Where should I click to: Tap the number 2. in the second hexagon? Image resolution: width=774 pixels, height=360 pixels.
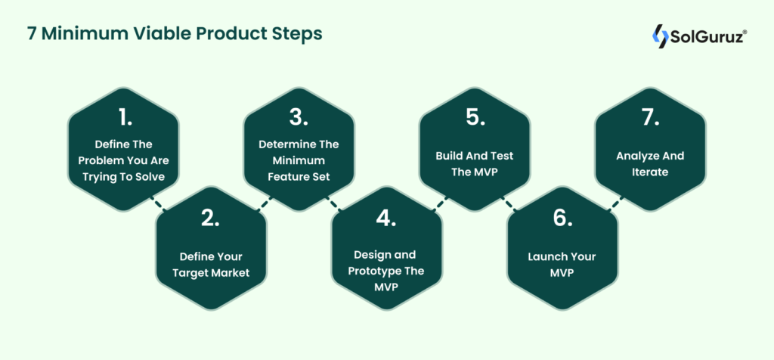click(x=210, y=218)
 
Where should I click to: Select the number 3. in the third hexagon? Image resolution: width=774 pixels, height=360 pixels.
click(x=298, y=117)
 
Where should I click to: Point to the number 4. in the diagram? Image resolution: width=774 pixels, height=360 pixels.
click(x=385, y=218)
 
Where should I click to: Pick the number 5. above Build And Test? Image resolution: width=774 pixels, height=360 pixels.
click(x=474, y=117)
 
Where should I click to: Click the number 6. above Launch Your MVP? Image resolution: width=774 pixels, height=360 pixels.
click(x=562, y=218)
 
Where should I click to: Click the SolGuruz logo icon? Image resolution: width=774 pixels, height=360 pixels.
click(x=661, y=36)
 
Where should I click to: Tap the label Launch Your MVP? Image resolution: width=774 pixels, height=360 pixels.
click(x=562, y=263)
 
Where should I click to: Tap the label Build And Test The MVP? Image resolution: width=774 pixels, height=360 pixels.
click(x=474, y=163)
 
